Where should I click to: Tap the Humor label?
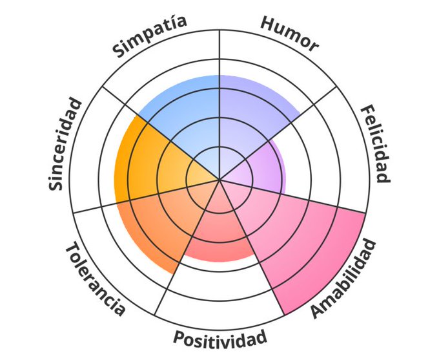[290, 34]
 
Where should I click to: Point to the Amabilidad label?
[343, 279]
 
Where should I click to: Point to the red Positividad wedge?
[216, 233]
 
